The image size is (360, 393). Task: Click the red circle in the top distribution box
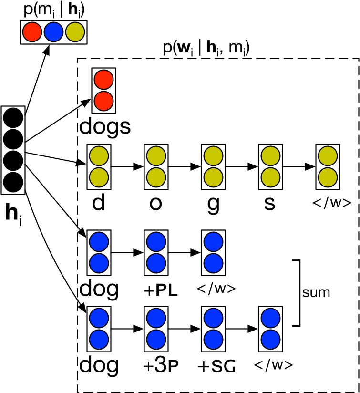[x=33, y=33]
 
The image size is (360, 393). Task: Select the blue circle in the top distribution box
[x=53, y=33]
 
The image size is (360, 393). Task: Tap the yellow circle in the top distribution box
[x=74, y=33]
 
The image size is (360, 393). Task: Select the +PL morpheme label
[x=156, y=291]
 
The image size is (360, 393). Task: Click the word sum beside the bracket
[x=318, y=292]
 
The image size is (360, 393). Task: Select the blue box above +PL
[x=155, y=252]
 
